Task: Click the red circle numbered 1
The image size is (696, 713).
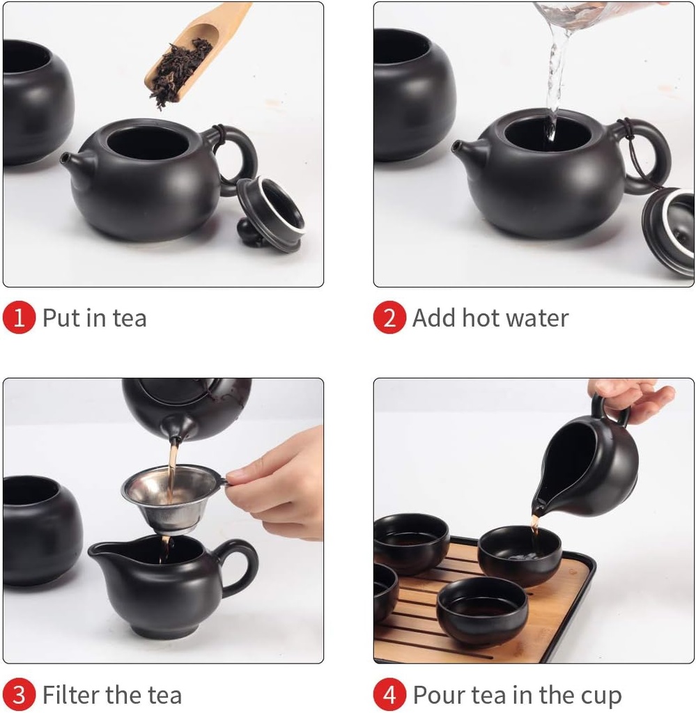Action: [x=19, y=318]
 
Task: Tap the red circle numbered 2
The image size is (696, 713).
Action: [x=389, y=318]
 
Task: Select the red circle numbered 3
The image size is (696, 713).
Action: [x=19, y=695]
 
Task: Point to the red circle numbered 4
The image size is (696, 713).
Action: [x=389, y=695]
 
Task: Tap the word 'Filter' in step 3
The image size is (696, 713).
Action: [x=70, y=695]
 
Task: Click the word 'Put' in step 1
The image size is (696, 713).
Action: [x=61, y=318]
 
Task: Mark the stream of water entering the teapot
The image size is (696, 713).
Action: [x=555, y=70]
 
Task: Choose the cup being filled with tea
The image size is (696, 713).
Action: [x=519, y=554]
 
